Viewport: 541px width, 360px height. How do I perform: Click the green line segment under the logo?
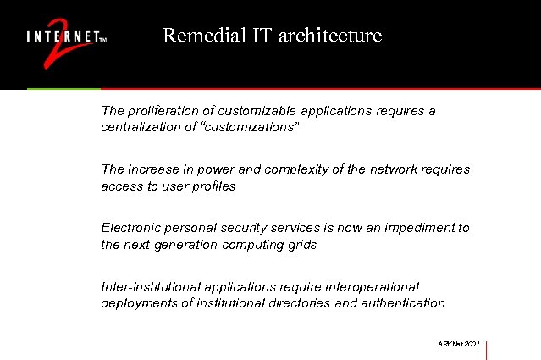point(63,88)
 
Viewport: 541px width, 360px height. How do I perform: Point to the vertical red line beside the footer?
point(488,351)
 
